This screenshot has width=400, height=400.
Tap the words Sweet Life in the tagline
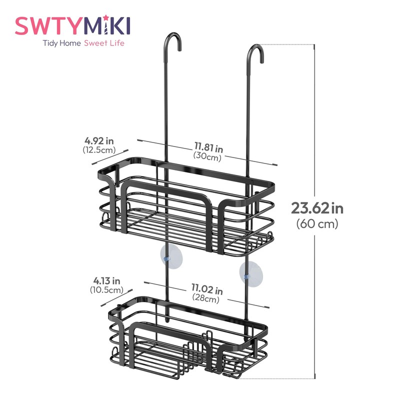point(104,43)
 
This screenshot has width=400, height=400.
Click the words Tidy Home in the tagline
point(59,43)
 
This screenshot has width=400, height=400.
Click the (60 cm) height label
point(317,224)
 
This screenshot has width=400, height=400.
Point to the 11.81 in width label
point(209,147)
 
